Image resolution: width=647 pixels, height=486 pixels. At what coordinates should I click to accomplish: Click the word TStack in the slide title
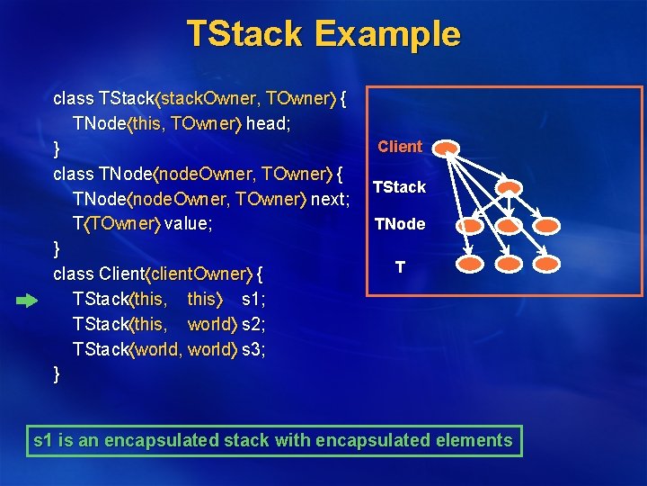pos(244,34)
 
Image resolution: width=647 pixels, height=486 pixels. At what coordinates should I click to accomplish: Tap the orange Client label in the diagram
pos(400,146)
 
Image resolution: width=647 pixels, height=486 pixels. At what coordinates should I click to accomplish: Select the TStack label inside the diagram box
pos(399,187)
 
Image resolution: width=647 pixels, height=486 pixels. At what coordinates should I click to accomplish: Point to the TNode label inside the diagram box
pos(400,224)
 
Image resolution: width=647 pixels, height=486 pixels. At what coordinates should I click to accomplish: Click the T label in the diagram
pos(400,267)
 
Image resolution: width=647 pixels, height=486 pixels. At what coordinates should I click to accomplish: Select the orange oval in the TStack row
pos(510,188)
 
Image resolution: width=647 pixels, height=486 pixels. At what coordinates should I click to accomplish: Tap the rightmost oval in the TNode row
pos(547,225)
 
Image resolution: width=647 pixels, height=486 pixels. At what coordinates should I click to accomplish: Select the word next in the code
pos(329,198)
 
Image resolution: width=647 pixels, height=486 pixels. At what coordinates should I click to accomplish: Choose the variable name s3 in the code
pos(253,349)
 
